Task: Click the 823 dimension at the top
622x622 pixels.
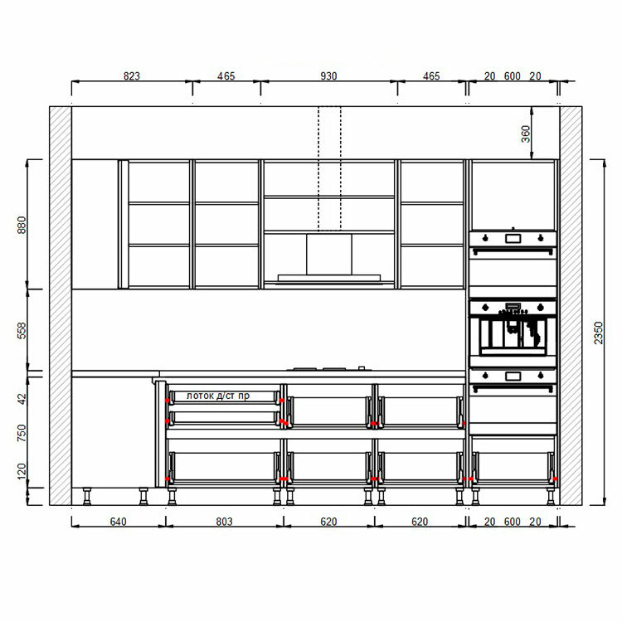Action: pyautogui.click(x=132, y=75)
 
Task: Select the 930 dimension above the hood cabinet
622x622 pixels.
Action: pyautogui.click(x=328, y=75)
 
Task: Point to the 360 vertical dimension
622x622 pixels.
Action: pyautogui.click(x=525, y=134)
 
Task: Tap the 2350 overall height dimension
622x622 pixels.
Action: pyautogui.click(x=598, y=333)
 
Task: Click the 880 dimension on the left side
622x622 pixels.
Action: pyautogui.click(x=22, y=225)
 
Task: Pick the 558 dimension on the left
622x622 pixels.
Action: pyautogui.click(x=22, y=330)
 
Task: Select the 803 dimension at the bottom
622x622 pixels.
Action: pyautogui.click(x=224, y=522)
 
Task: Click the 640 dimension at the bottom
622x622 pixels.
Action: pyautogui.click(x=119, y=522)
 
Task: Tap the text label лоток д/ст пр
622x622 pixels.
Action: pyautogui.click(x=218, y=396)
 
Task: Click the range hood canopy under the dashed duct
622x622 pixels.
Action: pyautogui.click(x=329, y=277)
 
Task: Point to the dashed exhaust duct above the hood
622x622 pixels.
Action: pyautogui.click(x=329, y=168)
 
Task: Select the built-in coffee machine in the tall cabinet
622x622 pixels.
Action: pyautogui.click(x=513, y=333)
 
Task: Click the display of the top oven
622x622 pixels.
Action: pyautogui.click(x=513, y=238)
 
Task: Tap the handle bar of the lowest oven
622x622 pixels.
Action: pyautogui.click(x=513, y=386)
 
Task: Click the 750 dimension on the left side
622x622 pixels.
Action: pyautogui.click(x=22, y=433)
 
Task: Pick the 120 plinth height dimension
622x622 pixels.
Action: pyautogui.click(x=22, y=471)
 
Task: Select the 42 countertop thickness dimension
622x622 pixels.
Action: pyautogui.click(x=22, y=399)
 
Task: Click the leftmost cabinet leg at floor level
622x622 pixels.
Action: pyautogui.click(x=86, y=496)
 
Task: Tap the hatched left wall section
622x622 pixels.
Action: pyautogui.click(x=61, y=305)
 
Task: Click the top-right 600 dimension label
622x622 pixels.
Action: pyautogui.click(x=513, y=75)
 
